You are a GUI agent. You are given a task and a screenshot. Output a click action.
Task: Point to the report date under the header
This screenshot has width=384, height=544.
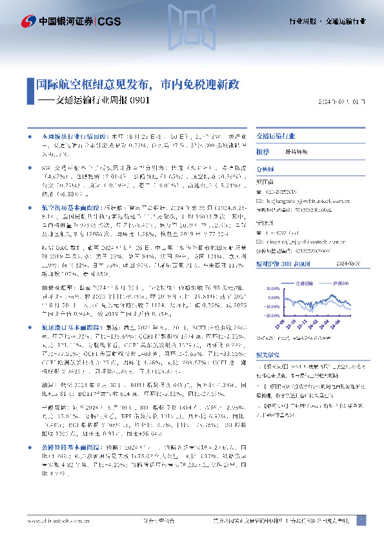click(x=342, y=101)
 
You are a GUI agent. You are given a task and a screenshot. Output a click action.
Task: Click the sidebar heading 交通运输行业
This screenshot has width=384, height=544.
click(x=276, y=137)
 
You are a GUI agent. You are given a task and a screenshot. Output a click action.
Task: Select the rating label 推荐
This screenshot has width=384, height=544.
click(x=262, y=151)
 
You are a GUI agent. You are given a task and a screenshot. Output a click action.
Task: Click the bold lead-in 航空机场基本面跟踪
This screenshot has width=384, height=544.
click(x=67, y=209)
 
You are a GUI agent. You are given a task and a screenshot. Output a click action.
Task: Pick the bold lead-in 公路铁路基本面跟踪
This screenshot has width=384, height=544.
click(x=67, y=481)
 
